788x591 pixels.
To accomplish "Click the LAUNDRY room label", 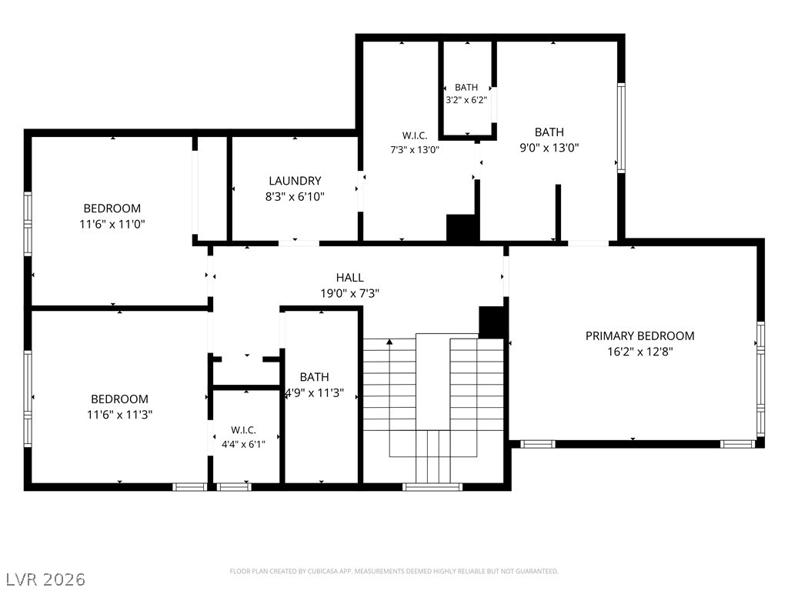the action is (295, 181).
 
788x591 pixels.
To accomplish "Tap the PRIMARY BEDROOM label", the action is (639, 336).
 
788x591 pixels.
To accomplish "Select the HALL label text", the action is (350, 277).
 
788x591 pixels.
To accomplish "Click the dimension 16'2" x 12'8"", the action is (639, 351).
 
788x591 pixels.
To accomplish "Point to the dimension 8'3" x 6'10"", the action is (295, 196).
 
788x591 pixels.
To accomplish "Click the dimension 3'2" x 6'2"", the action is (466, 100).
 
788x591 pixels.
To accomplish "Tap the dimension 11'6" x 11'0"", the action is (112, 224).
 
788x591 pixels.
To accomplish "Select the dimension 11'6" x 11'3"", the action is (119, 415).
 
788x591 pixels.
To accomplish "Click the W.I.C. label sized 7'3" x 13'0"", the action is (415, 135).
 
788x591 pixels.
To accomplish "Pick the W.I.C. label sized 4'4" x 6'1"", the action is (244, 430).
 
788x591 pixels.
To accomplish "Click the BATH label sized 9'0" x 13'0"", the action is (549, 132).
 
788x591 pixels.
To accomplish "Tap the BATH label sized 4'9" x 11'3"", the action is (315, 377).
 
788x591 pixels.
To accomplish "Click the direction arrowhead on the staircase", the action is (389, 342).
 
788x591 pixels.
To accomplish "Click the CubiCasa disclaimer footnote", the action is (394, 572).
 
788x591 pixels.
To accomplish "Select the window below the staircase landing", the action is (432, 486).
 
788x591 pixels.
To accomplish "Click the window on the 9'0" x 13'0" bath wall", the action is (621, 128).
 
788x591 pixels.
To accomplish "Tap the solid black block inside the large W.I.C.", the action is (462, 229).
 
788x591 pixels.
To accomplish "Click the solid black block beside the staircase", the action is (492, 322).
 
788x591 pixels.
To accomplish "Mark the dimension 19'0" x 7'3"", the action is (350, 293).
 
